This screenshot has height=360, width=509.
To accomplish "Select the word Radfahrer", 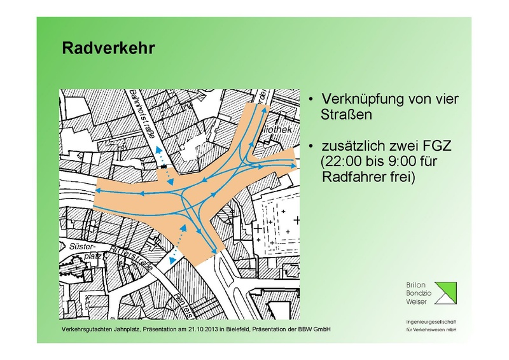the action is click(x=353, y=177).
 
